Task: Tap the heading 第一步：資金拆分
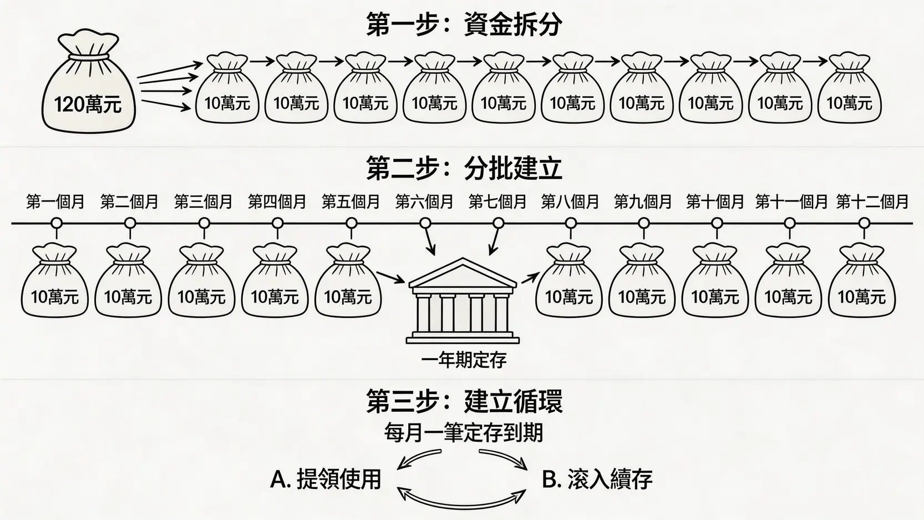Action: click(464, 26)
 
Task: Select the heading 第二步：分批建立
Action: click(464, 168)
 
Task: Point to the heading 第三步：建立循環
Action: click(464, 402)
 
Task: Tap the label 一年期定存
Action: click(464, 361)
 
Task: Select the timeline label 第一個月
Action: click(55, 202)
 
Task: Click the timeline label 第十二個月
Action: click(872, 202)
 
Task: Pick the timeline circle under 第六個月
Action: click(425, 223)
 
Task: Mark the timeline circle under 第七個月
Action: click(498, 223)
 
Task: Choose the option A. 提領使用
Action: click(326, 479)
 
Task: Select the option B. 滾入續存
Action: click(597, 479)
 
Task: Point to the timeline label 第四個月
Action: click(277, 202)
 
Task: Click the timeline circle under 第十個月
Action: click(717, 223)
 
